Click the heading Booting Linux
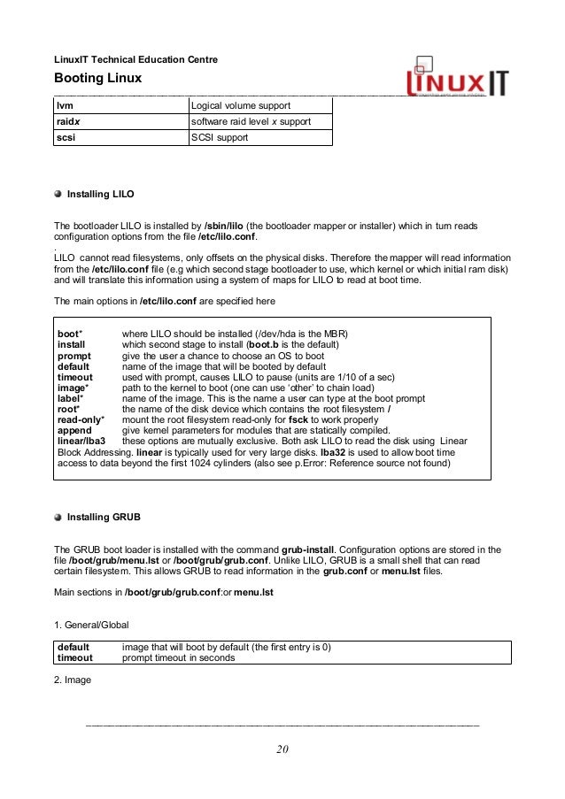(98, 79)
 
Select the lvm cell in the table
(64, 105)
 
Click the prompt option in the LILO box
(75, 355)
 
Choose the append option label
(74, 429)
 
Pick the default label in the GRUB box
(74, 647)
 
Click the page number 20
(282, 751)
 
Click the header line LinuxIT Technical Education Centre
(136, 59)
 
